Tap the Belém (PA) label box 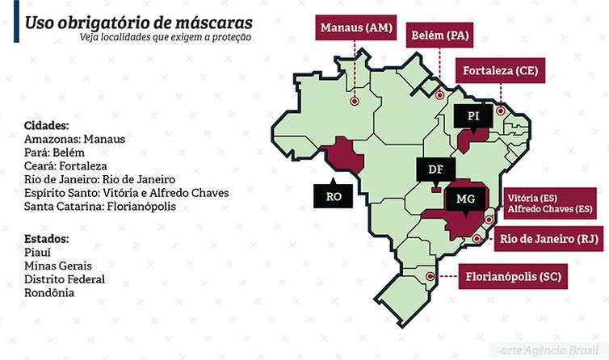(439, 35)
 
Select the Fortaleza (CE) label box (499, 71)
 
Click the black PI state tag (473, 116)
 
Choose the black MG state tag (465, 199)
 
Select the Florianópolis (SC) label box (514, 276)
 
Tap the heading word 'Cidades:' (47, 126)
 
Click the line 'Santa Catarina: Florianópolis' (100, 207)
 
